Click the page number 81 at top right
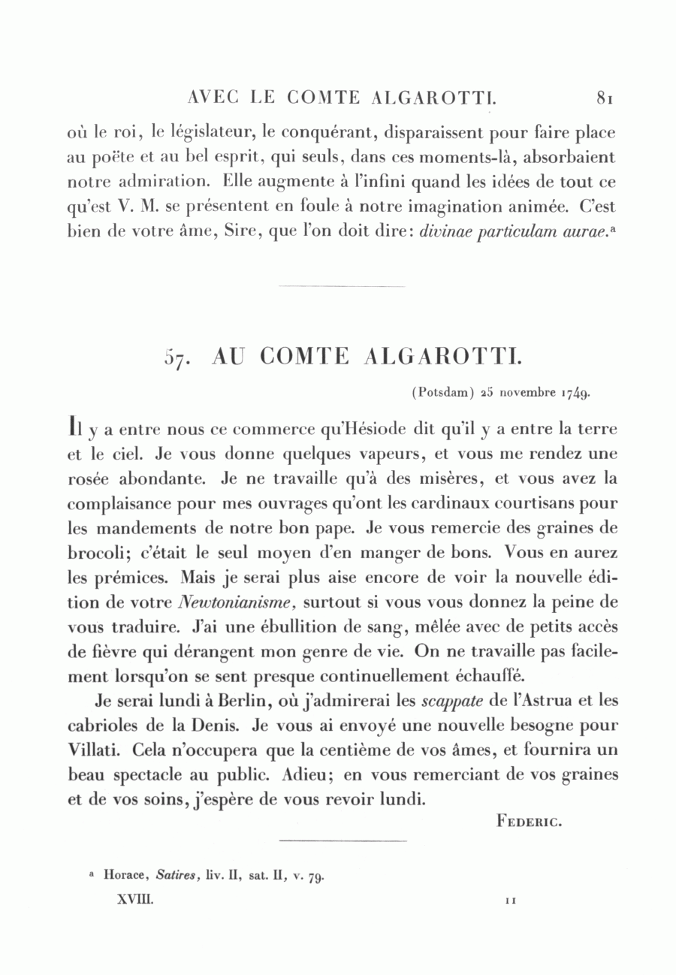[x=606, y=98]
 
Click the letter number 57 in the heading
[x=176, y=358]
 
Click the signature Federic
[x=530, y=821]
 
